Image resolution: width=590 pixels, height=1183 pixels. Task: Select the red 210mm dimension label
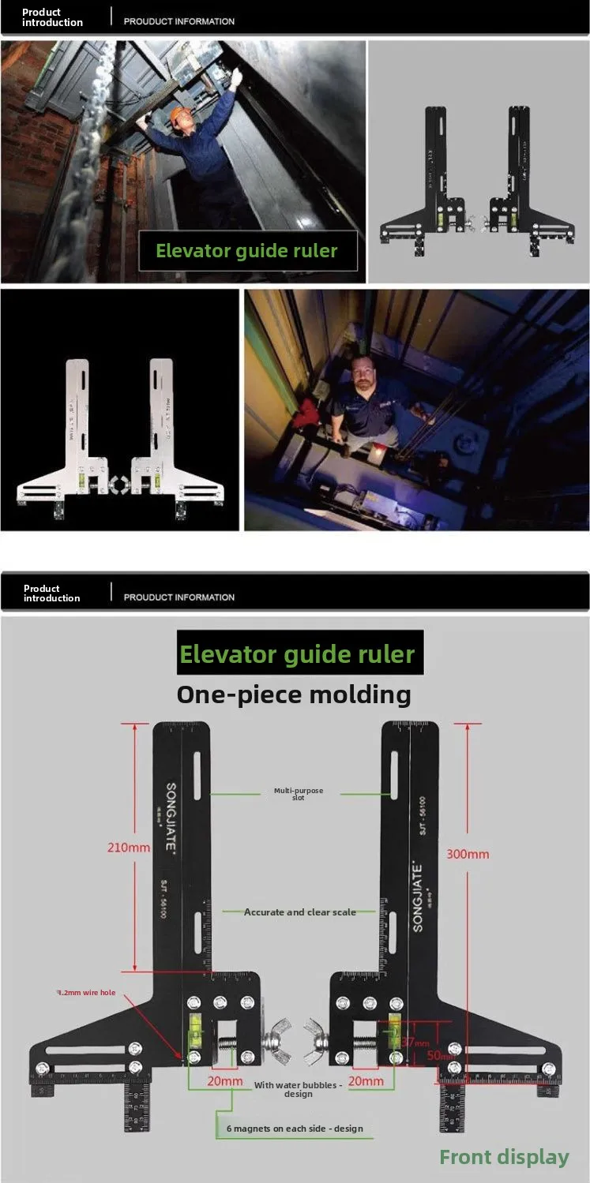[x=129, y=848]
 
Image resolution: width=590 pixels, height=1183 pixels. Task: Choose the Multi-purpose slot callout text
[x=298, y=794]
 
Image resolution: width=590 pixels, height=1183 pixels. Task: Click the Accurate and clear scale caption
[x=299, y=912]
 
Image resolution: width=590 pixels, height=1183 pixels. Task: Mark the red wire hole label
[x=87, y=993]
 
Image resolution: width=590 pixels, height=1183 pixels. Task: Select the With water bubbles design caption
[x=298, y=1089]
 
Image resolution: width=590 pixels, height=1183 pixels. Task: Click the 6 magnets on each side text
[x=295, y=1129]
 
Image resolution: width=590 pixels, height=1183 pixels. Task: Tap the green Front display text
[x=504, y=1157]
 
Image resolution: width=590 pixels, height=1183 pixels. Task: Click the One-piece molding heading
[x=294, y=694]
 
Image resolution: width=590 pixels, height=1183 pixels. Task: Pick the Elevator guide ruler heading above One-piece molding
[x=297, y=654]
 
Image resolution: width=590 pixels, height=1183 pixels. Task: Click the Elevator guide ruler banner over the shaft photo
[x=246, y=251]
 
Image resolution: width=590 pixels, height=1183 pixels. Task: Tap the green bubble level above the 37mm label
[x=394, y=1030]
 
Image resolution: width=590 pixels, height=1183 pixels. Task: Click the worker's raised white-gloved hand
[x=235, y=77]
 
